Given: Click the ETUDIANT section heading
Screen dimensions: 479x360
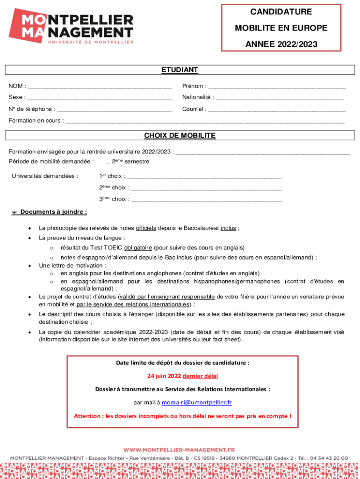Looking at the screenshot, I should coord(180,70).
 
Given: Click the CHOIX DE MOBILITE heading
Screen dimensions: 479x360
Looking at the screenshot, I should coord(180,136).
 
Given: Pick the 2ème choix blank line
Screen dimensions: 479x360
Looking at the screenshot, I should coord(206,189).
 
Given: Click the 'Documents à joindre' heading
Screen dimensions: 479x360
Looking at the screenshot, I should coord(53,212).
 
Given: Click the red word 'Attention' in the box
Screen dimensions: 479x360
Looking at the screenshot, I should coord(87,416).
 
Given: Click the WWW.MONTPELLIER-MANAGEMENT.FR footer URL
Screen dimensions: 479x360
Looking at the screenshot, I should coord(180,450).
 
